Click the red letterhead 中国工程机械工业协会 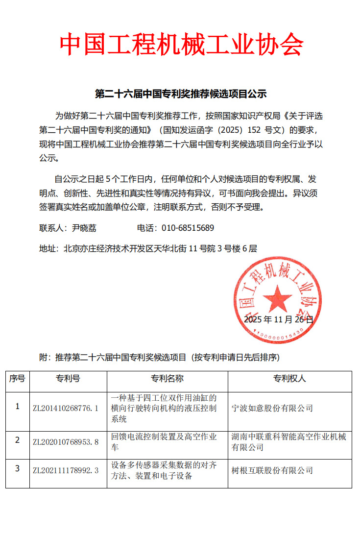(181, 45)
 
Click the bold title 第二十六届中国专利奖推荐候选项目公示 (180, 94)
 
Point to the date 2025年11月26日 (278, 319)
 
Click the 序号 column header (17, 379)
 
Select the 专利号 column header (68, 379)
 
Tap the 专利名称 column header (167, 379)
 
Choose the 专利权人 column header (289, 379)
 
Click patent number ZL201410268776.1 (66, 408)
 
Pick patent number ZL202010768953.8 (66, 441)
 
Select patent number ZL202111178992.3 (66, 470)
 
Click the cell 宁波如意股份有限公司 (272, 408)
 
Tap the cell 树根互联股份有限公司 (272, 470)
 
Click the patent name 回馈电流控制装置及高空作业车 (164, 441)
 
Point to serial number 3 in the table (17, 469)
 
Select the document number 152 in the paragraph (254, 130)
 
